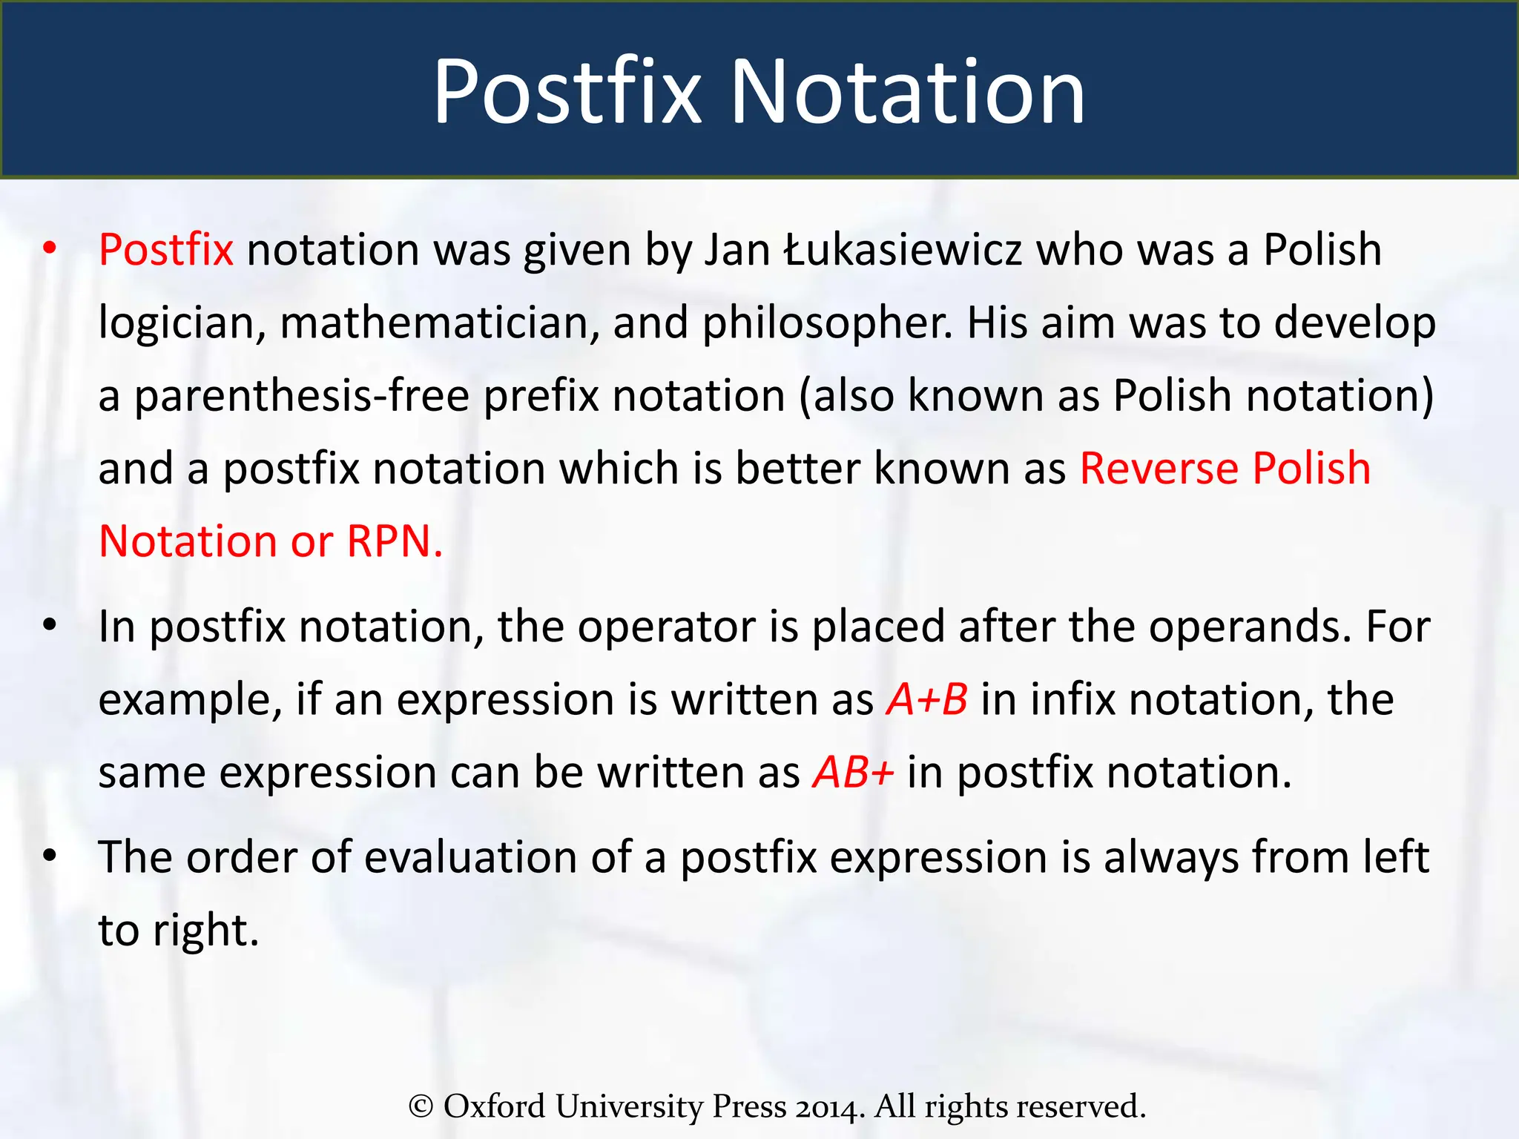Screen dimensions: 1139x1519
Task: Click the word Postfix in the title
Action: click(567, 92)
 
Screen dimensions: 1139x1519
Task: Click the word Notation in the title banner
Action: click(908, 92)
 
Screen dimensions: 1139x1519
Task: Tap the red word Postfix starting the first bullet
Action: click(166, 249)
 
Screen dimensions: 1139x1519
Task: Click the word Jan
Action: click(737, 249)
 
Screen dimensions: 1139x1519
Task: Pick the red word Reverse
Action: click(1159, 469)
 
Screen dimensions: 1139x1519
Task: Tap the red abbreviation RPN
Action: click(395, 541)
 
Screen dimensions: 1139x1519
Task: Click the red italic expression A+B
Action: click(927, 699)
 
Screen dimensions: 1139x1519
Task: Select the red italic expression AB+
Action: click(853, 772)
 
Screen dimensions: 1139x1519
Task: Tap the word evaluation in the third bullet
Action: click(470, 858)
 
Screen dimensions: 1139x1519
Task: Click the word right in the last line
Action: click(205, 931)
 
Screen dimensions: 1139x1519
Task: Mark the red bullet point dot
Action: click(50, 249)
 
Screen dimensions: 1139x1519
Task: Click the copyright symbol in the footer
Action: click(421, 1106)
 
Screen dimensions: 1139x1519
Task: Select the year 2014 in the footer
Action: click(831, 1106)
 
